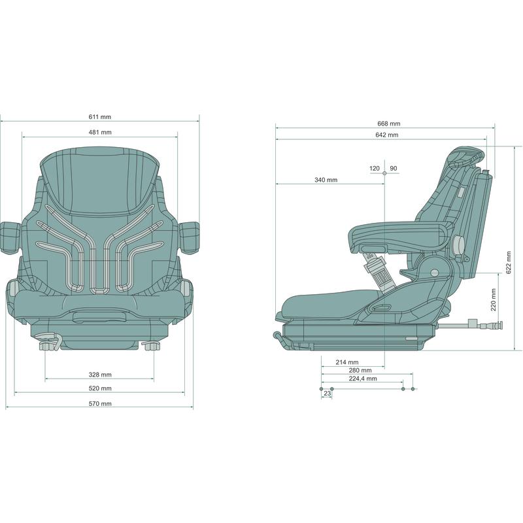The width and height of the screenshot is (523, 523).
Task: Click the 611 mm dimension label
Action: (x=100, y=117)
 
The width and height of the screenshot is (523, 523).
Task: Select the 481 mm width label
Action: (x=100, y=133)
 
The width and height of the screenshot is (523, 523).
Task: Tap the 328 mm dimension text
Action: (x=100, y=375)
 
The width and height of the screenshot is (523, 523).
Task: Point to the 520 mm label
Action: (x=100, y=388)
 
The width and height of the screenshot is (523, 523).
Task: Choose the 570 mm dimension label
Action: (x=100, y=403)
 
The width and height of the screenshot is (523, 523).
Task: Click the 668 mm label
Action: (x=388, y=124)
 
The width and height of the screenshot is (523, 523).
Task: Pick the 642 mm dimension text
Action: (x=386, y=135)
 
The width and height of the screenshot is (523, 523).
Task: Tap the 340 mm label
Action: (x=326, y=180)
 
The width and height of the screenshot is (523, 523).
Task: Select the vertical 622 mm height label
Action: (x=509, y=263)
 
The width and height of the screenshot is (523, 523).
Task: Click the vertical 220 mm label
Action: (x=494, y=299)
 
